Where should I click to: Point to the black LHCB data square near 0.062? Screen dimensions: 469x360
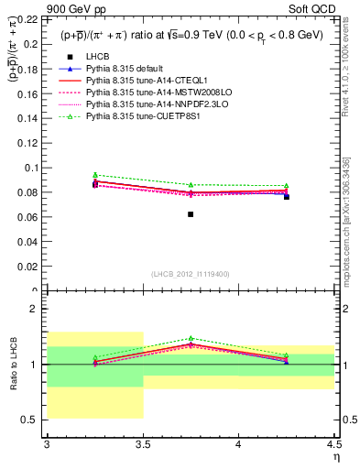(191, 213)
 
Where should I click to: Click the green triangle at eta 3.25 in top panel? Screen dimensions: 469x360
(95, 174)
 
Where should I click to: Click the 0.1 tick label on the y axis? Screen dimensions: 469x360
(32, 168)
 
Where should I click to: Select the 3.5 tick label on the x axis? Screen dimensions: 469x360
(143, 445)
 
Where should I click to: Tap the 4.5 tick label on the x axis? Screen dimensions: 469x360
(333, 445)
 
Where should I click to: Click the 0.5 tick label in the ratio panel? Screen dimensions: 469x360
(32, 420)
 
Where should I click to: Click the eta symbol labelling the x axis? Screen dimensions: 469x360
(335, 457)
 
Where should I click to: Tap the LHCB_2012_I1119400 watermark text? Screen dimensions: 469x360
(191, 274)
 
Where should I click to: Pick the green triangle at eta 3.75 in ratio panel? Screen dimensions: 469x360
(191, 338)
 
